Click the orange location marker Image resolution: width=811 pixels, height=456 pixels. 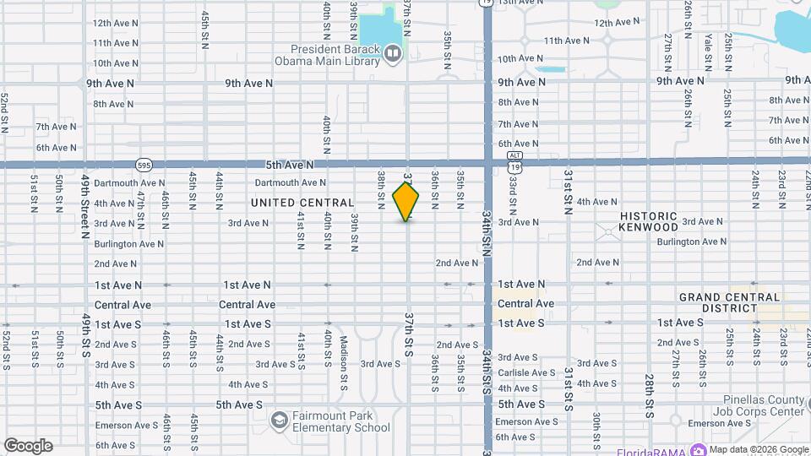(x=406, y=201)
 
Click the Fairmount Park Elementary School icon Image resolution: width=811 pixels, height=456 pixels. (x=279, y=420)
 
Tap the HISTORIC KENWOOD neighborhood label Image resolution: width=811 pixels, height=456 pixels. (x=649, y=221)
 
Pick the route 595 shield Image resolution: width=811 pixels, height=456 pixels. (x=144, y=164)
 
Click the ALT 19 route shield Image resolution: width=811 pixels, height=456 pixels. (x=514, y=161)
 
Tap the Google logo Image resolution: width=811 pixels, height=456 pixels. (x=28, y=446)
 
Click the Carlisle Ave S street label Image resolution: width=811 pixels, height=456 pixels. (x=525, y=372)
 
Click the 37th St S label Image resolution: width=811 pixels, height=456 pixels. (x=409, y=334)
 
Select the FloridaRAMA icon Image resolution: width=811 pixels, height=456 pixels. (x=698, y=449)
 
